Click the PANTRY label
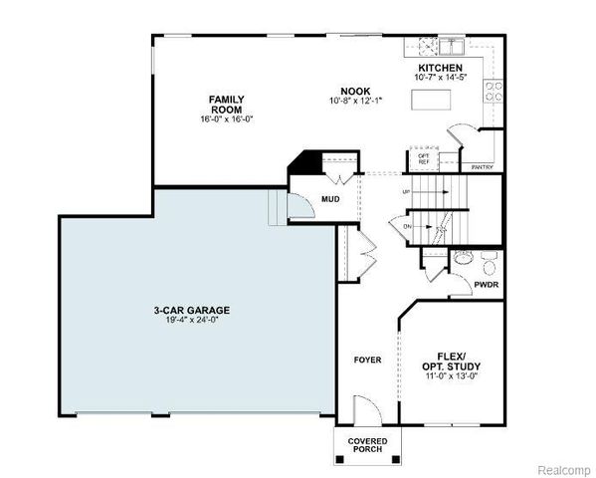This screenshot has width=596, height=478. (482, 167)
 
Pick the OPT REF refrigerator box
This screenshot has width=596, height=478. (423, 159)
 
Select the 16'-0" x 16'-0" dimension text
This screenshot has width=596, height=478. (227, 120)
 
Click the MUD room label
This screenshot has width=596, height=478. (329, 199)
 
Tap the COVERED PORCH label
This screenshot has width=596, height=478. (367, 445)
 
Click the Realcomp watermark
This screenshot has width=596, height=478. (563, 468)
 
